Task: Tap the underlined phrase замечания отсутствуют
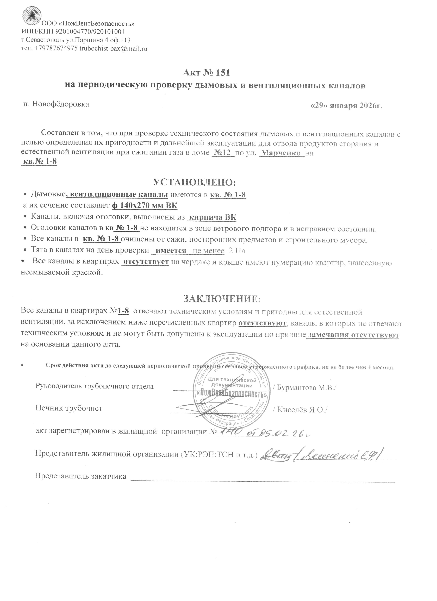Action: click(x=354, y=335)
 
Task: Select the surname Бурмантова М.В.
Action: click(x=305, y=387)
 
